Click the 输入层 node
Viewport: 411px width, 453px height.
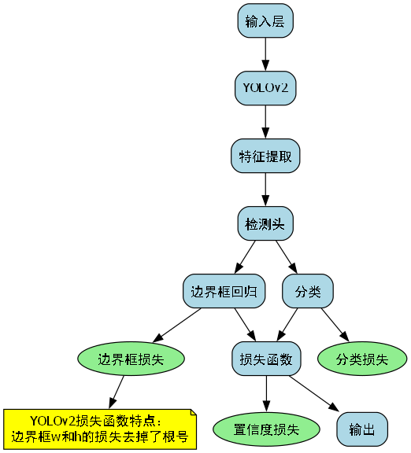point(265,21)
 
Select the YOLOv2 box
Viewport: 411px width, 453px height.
point(265,89)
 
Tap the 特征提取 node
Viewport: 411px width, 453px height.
point(265,157)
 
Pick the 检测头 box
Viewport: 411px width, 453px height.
point(265,224)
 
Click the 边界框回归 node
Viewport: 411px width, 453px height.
point(224,292)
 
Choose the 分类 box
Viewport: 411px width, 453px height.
point(308,292)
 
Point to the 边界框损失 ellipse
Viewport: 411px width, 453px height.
point(131,359)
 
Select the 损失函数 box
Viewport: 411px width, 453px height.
point(265,359)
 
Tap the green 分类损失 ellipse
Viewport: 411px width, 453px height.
point(361,359)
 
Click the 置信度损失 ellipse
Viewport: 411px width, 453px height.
point(266,429)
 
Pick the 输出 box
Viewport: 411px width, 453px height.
point(362,429)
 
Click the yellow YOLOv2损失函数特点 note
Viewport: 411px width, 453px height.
point(99,429)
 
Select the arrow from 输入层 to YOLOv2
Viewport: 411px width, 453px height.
point(265,55)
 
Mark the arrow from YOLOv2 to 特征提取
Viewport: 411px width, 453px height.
point(265,123)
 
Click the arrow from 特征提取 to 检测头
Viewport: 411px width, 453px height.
point(265,190)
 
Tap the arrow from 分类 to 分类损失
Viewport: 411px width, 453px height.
point(334,325)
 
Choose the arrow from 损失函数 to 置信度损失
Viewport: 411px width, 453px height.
point(265,393)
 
